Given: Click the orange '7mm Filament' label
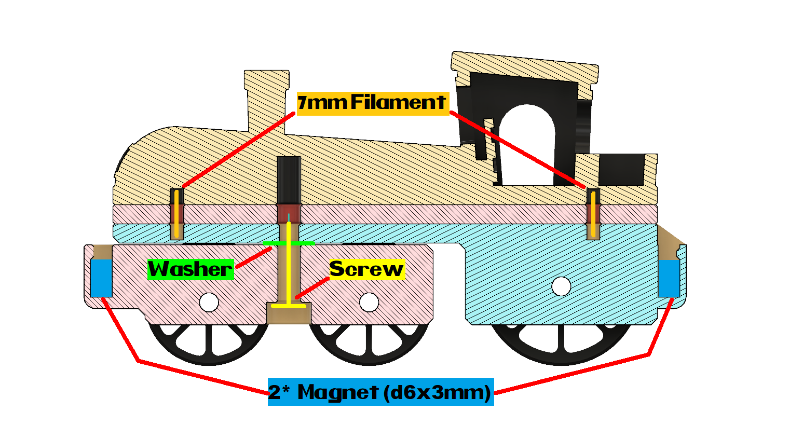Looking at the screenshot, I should [x=372, y=103].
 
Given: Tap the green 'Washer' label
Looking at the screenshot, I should [x=191, y=269].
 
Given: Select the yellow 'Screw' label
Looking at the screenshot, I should [x=367, y=269].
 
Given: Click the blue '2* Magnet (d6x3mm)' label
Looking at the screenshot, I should [x=380, y=392].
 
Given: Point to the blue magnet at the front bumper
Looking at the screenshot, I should [x=101, y=278].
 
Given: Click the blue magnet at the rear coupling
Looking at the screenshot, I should [x=669, y=278].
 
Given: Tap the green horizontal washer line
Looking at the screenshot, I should [x=289, y=243].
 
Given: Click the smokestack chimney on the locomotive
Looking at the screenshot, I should [x=266, y=99].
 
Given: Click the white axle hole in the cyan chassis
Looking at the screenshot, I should [x=561, y=286].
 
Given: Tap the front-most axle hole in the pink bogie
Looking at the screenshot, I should [x=209, y=302].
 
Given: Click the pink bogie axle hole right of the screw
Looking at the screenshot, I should [x=369, y=302].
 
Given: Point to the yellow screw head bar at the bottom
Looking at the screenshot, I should [x=289, y=306].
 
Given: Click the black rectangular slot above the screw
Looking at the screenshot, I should [x=289, y=179].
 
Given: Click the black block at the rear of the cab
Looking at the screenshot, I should [x=622, y=169].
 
